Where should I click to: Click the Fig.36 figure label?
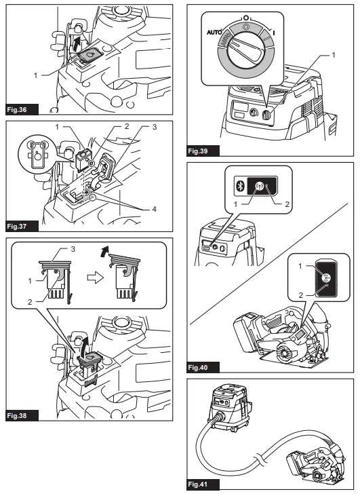pos(17,110)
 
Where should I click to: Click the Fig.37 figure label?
pos(17,226)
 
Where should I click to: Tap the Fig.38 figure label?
pos(17,415)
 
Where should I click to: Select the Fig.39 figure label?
pos(198,151)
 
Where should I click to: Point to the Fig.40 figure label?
pos(198,367)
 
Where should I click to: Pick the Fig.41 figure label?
pos(198,484)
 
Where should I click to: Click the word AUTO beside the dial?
pos(214,32)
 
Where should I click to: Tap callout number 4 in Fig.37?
pos(154,209)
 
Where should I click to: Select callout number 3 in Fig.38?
pos(73,249)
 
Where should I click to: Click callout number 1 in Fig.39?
pos(334,55)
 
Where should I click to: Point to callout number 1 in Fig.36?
pos(35,75)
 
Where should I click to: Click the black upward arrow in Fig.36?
pos(75,43)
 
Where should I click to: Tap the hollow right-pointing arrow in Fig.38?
pos(96,278)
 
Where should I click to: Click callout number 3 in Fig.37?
pos(154,127)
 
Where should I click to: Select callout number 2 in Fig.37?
pos(127,126)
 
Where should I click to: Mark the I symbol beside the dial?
pos(274,33)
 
